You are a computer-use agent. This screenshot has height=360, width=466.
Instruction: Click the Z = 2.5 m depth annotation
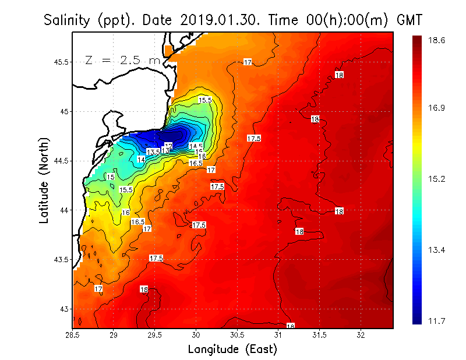click(121, 60)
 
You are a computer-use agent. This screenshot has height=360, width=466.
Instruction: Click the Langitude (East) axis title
click(232, 349)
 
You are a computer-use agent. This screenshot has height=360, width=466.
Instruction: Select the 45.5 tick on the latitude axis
click(61, 62)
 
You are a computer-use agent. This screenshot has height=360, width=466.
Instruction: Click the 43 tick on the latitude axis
click(64, 309)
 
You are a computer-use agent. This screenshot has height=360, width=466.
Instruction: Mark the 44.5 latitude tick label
click(61, 161)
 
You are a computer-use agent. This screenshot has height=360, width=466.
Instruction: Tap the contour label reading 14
click(141, 159)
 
